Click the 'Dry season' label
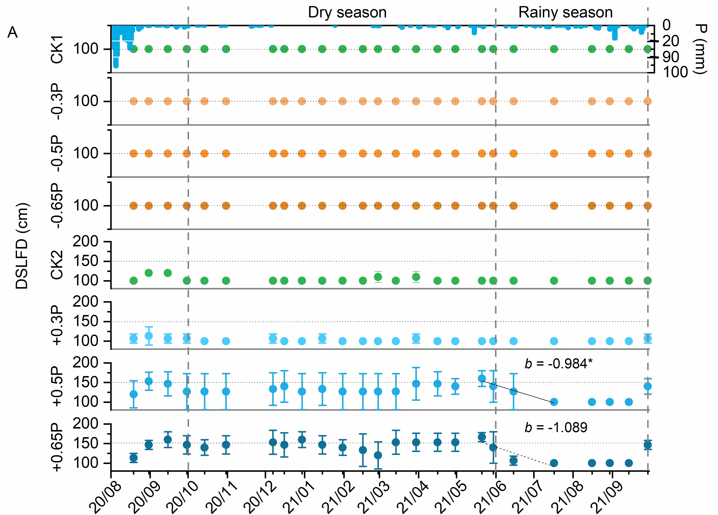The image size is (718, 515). coord(347,13)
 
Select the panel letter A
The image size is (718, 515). coord(12,32)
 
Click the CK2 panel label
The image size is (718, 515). coord(57,265)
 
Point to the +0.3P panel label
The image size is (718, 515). coord(57,325)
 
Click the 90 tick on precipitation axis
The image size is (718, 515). coord(670,57)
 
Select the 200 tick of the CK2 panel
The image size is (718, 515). coord(86,242)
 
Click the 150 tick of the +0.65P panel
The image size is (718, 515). coord(86,443)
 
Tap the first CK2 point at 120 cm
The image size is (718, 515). coord(148,273)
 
